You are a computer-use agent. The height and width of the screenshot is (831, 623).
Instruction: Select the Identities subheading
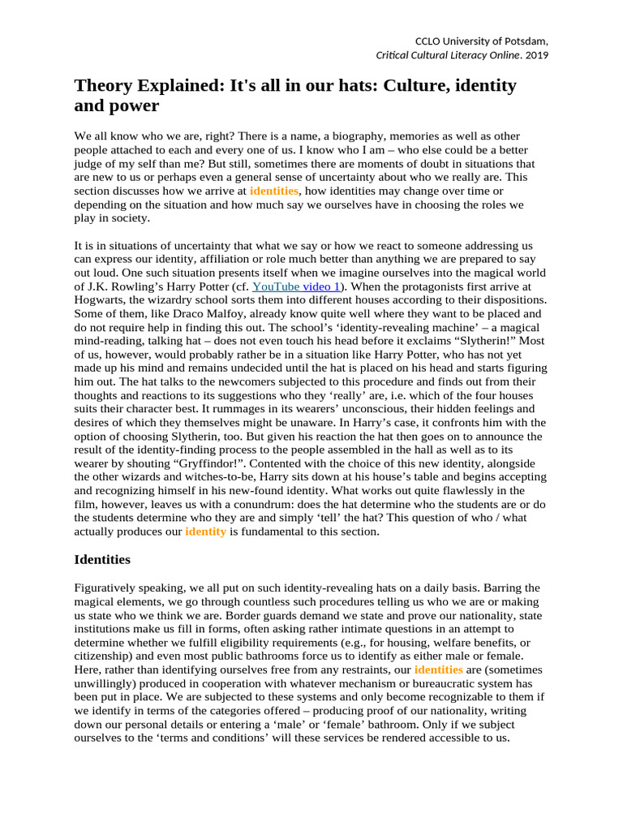tap(101, 559)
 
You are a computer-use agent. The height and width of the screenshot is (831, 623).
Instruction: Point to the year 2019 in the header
tap(536, 55)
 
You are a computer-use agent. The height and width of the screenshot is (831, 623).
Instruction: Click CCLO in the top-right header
tap(429, 41)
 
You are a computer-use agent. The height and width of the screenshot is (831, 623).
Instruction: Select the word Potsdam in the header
tap(526, 41)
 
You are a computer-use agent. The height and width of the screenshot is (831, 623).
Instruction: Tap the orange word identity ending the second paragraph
tap(205, 532)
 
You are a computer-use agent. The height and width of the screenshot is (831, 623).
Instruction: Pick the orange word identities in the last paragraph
tap(438, 670)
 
